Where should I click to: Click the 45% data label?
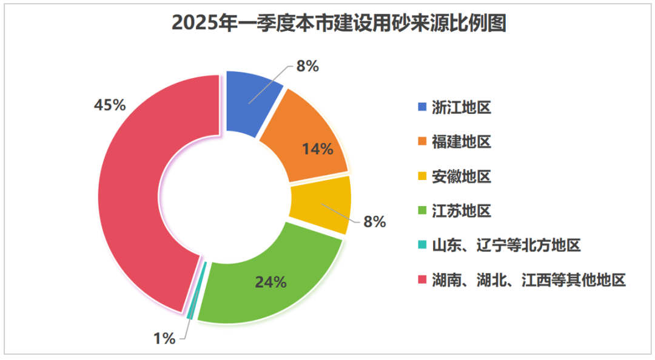pos(110,105)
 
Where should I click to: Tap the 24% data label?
pos(270,282)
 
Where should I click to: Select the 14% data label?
pos(318,148)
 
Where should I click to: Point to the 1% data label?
pos(163,338)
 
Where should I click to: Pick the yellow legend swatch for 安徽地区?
pos(422,177)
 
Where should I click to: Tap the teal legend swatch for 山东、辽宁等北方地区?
pos(422,246)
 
